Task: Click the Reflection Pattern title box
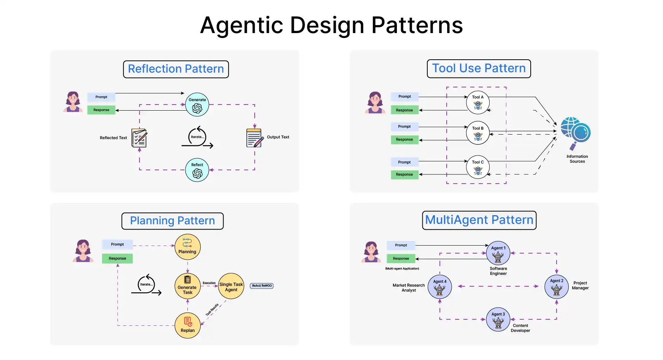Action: tap(176, 69)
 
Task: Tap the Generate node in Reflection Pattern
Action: tap(197, 105)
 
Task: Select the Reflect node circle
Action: tap(197, 170)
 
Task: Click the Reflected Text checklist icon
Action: tap(139, 138)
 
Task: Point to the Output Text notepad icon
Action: tap(254, 138)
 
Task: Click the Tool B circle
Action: tap(477, 133)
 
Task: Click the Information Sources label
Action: tap(577, 159)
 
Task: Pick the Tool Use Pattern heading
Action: tap(479, 68)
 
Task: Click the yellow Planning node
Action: tap(187, 247)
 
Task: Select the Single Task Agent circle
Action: tap(231, 286)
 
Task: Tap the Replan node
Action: tap(187, 325)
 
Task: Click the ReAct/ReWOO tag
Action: tap(262, 286)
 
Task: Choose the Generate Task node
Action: tap(187, 286)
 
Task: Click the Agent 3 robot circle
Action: tap(498, 319)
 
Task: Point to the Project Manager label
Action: tap(580, 285)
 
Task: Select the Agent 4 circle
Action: tap(439, 287)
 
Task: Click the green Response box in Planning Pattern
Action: tap(117, 259)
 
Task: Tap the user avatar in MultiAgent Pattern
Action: tap(371, 252)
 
